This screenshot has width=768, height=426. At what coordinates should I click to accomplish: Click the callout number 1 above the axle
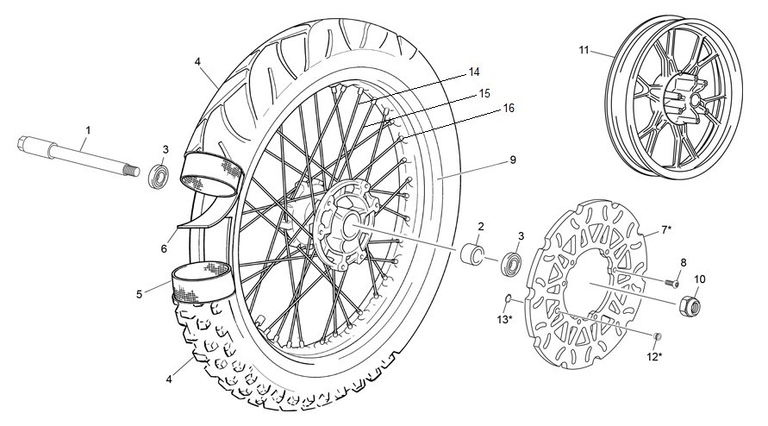click(x=88, y=130)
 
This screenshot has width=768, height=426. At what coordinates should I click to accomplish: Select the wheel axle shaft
click(x=78, y=156)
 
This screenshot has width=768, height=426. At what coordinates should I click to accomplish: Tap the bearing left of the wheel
click(x=159, y=176)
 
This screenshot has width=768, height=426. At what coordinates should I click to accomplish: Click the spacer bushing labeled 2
click(x=472, y=252)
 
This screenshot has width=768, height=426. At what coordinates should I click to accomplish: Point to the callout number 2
click(x=481, y=227)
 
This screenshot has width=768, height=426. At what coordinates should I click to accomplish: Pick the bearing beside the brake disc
click(x=512, y=263)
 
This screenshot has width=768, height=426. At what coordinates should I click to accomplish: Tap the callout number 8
click(x=684, y=263)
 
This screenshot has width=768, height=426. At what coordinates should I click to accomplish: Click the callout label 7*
click(x=666, y=229)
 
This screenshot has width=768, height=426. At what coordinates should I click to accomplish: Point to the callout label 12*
click(x=654, y=357)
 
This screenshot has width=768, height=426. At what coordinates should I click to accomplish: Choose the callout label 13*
click(x=504, y=320)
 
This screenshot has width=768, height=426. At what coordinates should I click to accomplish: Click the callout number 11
click(x=584, y=50)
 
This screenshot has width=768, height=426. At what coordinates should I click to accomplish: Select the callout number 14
click(x=473, y=72)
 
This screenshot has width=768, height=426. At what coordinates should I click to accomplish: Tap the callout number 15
click(x=484, y=93)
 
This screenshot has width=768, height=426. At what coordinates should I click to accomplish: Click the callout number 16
click(x=509, y=108)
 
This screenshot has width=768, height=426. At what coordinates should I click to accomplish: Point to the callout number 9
click(x=513, y=160)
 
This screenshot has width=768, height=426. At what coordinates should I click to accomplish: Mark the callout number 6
click(x=164, y=249)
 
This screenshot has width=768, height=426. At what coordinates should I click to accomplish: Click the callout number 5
click(x=140, y=295)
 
